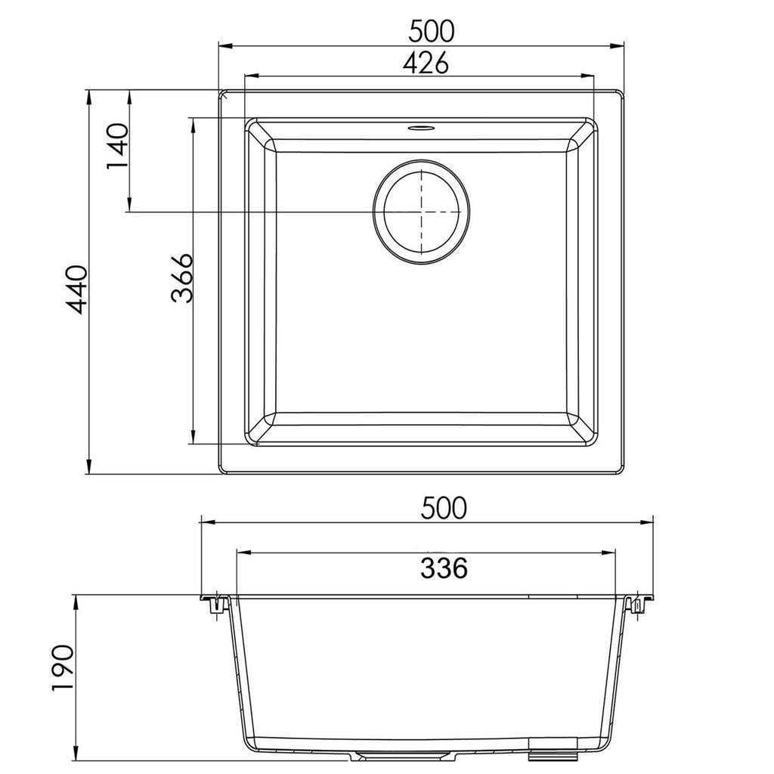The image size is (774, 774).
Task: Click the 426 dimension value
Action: (425, 63)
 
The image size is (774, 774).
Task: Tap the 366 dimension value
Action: (181, 278)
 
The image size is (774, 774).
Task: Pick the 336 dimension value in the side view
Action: (444, 567)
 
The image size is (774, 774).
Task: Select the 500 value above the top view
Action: (431, 31)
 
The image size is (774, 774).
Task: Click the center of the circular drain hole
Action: (421, 212)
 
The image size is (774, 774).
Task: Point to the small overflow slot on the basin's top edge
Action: (421, 128)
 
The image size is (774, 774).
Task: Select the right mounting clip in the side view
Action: (636, 605)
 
